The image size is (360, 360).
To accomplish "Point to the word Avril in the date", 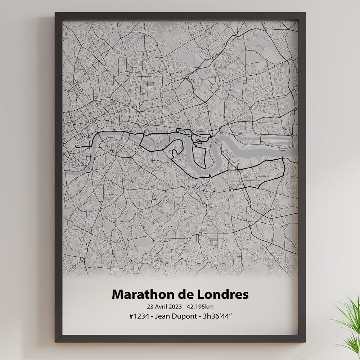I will (161, 307).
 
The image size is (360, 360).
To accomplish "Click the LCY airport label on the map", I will (275, 146).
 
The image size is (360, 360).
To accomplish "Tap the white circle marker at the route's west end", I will (76, 145).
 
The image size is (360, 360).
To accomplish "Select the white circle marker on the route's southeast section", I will (232, 190).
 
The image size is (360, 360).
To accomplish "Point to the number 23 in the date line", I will (149, 307).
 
